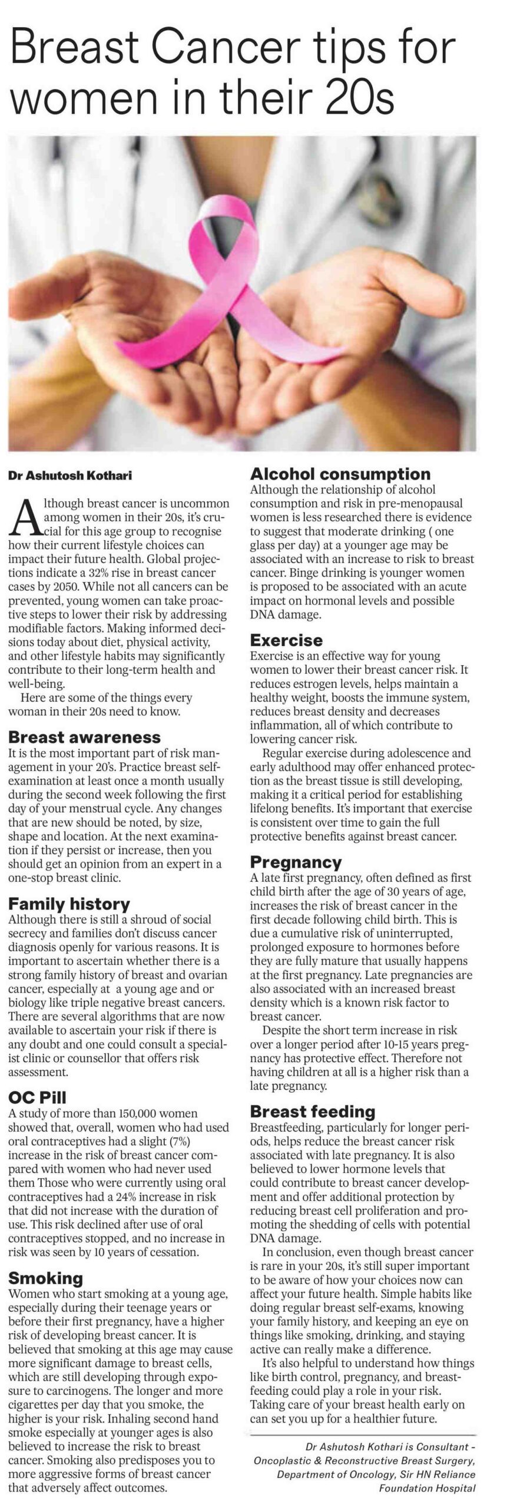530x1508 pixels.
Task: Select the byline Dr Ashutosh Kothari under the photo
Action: point(70,477)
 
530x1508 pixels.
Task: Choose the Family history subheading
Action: point(69,904)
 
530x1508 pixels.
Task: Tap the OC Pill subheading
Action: point(37,1097)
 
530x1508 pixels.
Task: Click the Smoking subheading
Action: point(45,1278)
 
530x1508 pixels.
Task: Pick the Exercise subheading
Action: point(286,640)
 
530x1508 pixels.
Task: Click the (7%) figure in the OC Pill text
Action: point(182,1141)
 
